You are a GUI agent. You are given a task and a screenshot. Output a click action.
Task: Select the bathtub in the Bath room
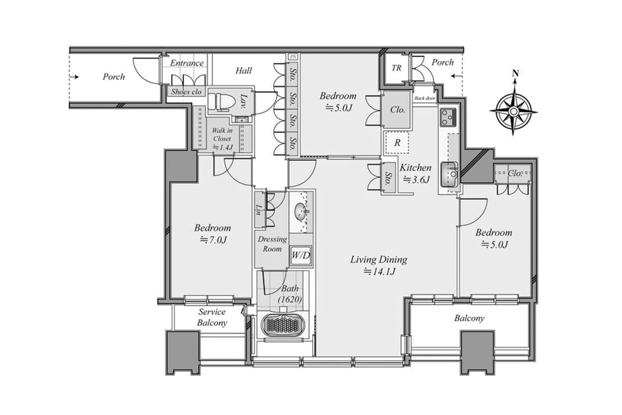click(x=282, y=326)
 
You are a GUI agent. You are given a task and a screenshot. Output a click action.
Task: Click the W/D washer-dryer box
click(x=301, y=255)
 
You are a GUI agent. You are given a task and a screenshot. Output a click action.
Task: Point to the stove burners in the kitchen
click(x=447, y=117)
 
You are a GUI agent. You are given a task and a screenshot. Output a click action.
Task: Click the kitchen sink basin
click(x=449, y=174)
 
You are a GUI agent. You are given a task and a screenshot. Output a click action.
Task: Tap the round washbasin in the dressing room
click(x=300, y=211)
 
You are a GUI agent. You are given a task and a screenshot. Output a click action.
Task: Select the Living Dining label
click(x=378, y=260)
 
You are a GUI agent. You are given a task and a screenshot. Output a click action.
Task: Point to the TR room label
click(x=396, y=68)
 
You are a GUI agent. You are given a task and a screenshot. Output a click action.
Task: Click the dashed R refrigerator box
click(x=397, y=143)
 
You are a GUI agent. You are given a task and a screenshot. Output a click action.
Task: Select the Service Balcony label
click(x=212, y=317)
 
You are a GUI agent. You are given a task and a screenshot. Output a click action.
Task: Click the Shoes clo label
click(x=187, y=92)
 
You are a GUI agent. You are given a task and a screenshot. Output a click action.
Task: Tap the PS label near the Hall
click(x=293, y=56)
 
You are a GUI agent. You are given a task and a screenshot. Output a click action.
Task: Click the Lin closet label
click(x=259, y=210)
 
